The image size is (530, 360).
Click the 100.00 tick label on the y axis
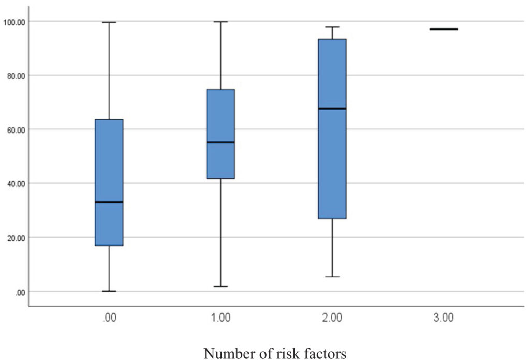[14, 22]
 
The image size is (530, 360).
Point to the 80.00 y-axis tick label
[16, 76]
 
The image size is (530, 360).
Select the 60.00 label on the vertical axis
[16, 130]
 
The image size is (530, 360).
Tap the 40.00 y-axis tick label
[16, 184]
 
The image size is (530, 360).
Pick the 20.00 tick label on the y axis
[16, 238]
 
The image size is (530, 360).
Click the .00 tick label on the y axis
[20, 292]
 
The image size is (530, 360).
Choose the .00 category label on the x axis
[109, 318]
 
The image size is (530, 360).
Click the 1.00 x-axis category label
[220, 318]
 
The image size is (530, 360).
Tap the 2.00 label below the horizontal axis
[332, 318]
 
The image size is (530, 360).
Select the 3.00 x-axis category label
[444, 318]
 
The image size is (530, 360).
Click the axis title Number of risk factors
[275, 353]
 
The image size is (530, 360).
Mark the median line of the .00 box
[109, 202]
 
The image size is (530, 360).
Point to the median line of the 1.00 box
[220, 142]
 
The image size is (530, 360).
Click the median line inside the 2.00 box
[332, 108]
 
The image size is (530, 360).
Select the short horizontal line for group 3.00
[444, 29]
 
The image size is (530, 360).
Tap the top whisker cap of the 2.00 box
[332, 27]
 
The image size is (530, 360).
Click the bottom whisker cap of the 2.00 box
[332, 277]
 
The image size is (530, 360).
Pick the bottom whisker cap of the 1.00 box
[220, 286]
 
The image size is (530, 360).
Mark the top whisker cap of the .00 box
[109, 22]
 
